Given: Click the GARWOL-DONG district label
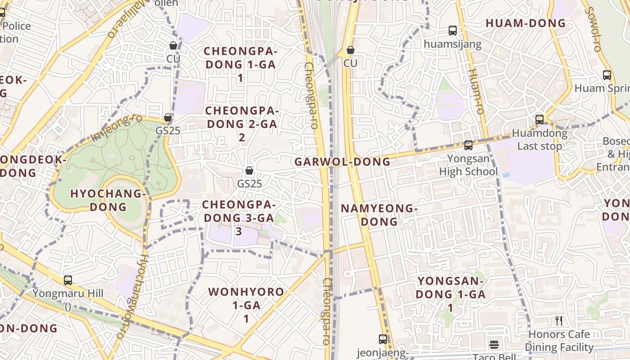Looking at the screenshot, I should [x=342, y=162].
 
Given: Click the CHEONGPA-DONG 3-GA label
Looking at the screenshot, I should [x=238, y=218].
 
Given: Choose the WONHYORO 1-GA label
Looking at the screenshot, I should [x=246, y=305].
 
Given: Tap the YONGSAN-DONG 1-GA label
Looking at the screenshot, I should [x=450, y=294].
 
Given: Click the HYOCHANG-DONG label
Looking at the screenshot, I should [x=108, y=200].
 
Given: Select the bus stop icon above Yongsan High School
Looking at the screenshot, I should [x=468, y=145].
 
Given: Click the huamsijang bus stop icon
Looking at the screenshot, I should [x=453, y=31].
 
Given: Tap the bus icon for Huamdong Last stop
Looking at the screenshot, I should [x=540, y=120].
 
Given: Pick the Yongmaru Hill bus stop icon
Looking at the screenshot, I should [x=68, y=280].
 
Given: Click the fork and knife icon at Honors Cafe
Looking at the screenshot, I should [x=559, y=321].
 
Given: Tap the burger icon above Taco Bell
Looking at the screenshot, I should [x=494, y=345].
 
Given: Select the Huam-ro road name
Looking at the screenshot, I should [x=475, y=97].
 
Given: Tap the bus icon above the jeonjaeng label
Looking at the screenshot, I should [x=383, y=339].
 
